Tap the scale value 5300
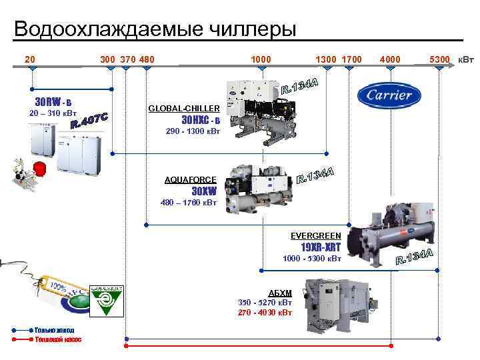[x=440, y=59]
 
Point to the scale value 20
[x=30, y=59]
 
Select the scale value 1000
[x=261, y=59]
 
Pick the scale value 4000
[x=390, y=59]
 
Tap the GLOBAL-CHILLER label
[x=183, y=107]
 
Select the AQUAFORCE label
[x=191, y=179]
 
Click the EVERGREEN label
[x=316, y=235]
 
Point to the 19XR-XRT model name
[x=321, y=247]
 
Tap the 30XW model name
[x=205, y=190]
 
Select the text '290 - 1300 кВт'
[x=191, y=131]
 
